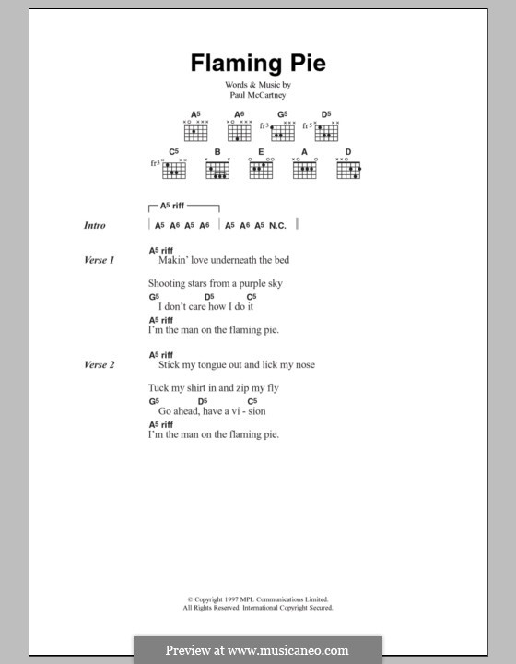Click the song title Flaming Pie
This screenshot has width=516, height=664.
tap(257, 64)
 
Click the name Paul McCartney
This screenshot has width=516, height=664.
tap(257, 94)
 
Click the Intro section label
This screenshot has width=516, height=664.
tap(95, 225)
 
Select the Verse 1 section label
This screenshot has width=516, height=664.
tap(99, 261)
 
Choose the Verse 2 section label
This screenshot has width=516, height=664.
tap(99, 365)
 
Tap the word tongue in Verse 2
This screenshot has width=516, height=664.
tap(212, 365)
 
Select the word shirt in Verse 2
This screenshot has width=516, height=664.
tap(190, 388)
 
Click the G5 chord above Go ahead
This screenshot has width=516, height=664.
tap(153, 401)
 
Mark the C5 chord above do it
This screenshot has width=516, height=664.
tap(251, 297)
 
